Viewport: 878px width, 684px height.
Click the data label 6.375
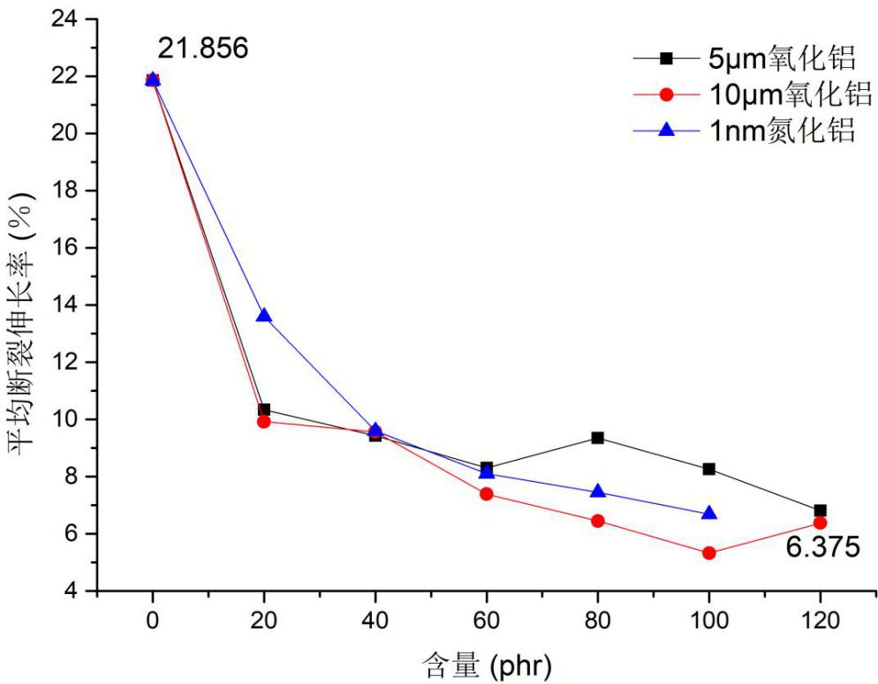(822, 548)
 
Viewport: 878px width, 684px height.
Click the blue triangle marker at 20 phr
(263, 316)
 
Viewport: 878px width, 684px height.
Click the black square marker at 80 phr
(598, 438)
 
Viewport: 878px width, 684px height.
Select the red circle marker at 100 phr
(708, 553)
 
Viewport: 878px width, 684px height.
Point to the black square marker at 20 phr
(263, 410)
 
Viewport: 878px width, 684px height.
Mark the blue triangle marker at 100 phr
(708, 514)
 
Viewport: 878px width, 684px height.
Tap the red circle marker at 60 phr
(486, 493)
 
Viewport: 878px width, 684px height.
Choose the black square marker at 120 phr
(820, 510)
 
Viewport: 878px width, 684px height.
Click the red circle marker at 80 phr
(598, 521)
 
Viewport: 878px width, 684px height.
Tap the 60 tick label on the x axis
(486, 620)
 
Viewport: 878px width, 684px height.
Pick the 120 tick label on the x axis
(820, 620)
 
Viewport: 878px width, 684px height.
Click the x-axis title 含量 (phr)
(486, 663)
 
